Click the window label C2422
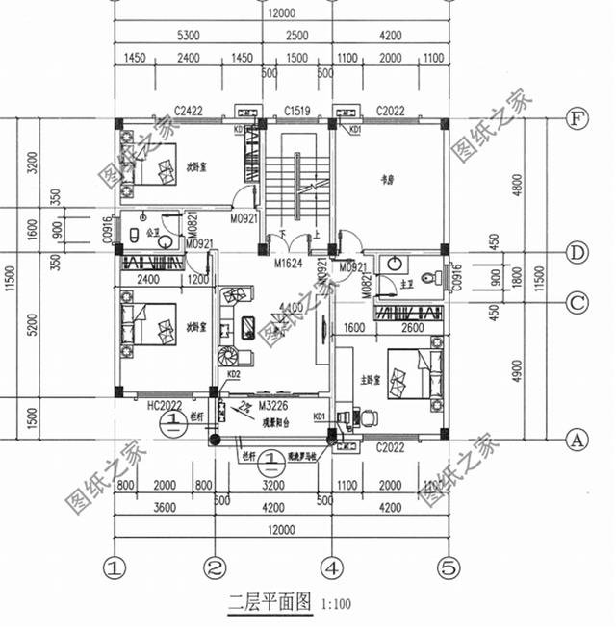pyautogui.click(x=188, y=111)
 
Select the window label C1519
pyautogui.click(x=295, y=111)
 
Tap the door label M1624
pyautogui.click(x=287, y=263)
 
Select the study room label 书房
pyautogui.click(x=390, y=177)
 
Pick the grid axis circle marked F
pyautogui.click(x=577, y=119)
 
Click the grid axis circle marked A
pyautogui.click(x=577, y=440)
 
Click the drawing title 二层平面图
pyautogui.click(x=270, y=603)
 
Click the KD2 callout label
pyautogui.click(x=233, y=374)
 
